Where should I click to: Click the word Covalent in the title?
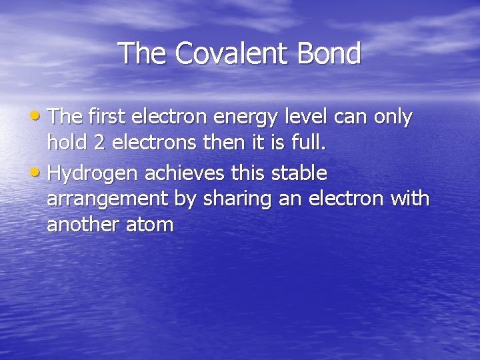(x=223, y=53)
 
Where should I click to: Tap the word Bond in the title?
(x=327, y=53)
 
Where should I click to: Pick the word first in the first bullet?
(x=106, y=117)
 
